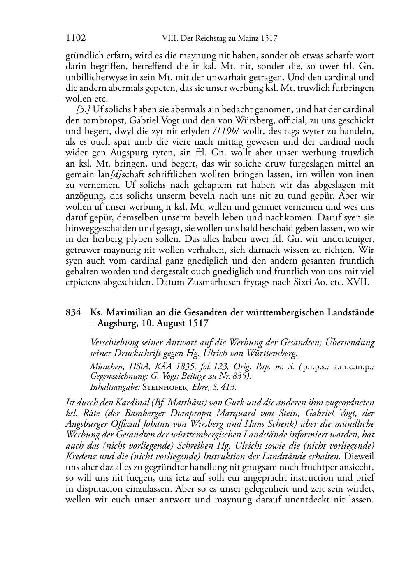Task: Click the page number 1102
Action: (x=76, y=38)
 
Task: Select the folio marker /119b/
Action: (x=226, y=131)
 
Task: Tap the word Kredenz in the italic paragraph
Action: (x=80, y=456)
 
